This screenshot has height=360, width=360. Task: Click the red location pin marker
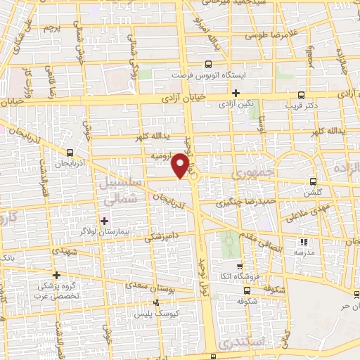(181, 165)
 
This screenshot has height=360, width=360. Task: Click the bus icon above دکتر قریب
(302, 96)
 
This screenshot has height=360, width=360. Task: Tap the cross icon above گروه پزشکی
(57, 275)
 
